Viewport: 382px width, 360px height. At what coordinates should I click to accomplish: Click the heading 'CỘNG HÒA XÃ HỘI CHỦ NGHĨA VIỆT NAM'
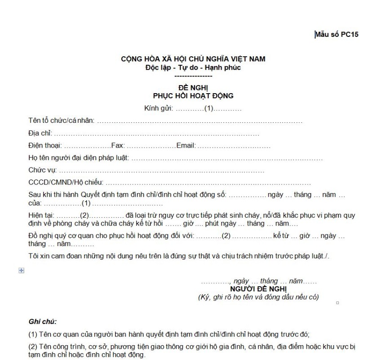193,59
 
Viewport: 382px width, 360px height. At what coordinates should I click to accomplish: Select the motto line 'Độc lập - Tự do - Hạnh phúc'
193,67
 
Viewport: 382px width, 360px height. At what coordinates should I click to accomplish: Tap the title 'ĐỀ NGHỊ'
193,88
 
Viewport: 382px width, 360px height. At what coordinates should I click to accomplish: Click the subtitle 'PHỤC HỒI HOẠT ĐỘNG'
193,96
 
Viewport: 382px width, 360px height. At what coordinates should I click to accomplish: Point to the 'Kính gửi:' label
159,109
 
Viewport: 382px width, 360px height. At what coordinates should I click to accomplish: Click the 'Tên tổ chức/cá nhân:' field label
62,121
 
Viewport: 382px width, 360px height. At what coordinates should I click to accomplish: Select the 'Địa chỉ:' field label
40,133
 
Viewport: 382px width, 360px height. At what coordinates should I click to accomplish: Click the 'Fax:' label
118,145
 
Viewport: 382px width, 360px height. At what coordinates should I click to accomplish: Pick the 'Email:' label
186,145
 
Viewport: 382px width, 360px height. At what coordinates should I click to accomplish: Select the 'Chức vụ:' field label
42,170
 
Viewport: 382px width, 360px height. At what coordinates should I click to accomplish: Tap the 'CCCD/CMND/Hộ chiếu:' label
66,182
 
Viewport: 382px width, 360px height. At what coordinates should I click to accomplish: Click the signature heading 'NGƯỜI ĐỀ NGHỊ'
258,289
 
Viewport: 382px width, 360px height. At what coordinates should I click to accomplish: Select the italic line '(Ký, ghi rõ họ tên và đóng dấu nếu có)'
258,297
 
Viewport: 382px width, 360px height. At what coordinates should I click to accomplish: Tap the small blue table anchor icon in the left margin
21,270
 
